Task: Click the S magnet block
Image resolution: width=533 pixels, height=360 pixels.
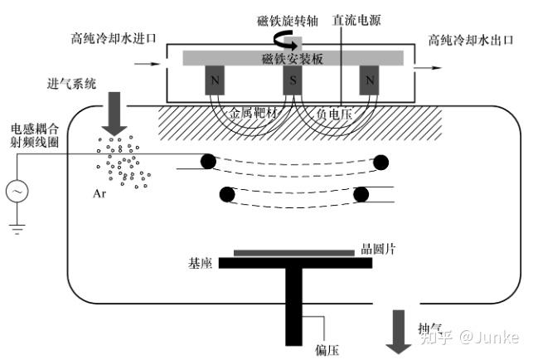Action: click(x=292, y=80)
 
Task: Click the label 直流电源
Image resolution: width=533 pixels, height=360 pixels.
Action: click(x=356, y=19)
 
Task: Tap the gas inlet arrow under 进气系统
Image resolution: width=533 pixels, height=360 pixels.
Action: click(x=114, y=113)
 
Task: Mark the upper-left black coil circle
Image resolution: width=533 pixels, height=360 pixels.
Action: click(x=207, y=161)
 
